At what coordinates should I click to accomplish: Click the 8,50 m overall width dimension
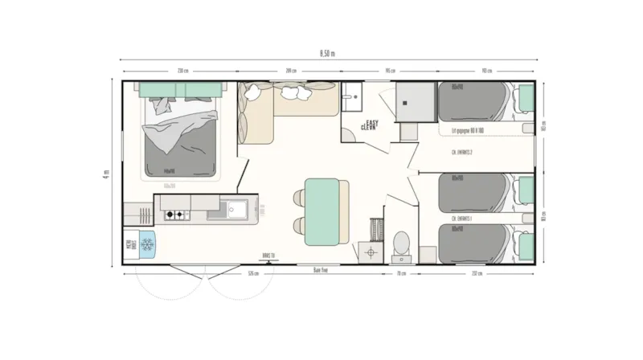click(x=327, y=52)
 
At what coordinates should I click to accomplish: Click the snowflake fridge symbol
click(x=147, y=245)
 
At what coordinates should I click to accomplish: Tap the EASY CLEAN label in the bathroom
click(x=371, y=125)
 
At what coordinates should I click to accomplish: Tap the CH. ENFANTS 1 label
click(x=461, y=218)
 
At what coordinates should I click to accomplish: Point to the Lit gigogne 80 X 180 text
click(x=468, y=129)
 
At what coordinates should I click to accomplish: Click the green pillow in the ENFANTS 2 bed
click(x=525, y=100)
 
